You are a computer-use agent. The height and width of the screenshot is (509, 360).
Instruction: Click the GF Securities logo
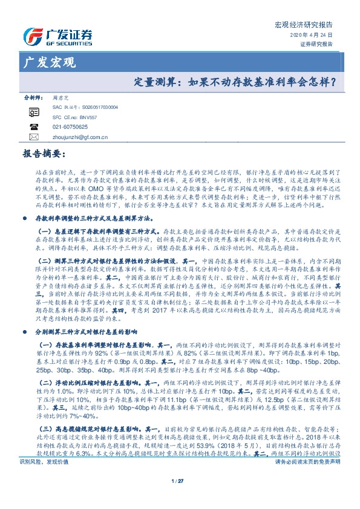pyautogui.click(x=57, y=36)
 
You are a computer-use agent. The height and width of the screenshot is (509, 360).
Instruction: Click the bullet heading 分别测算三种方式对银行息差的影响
pyautogui.click(x=85, y=316)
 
